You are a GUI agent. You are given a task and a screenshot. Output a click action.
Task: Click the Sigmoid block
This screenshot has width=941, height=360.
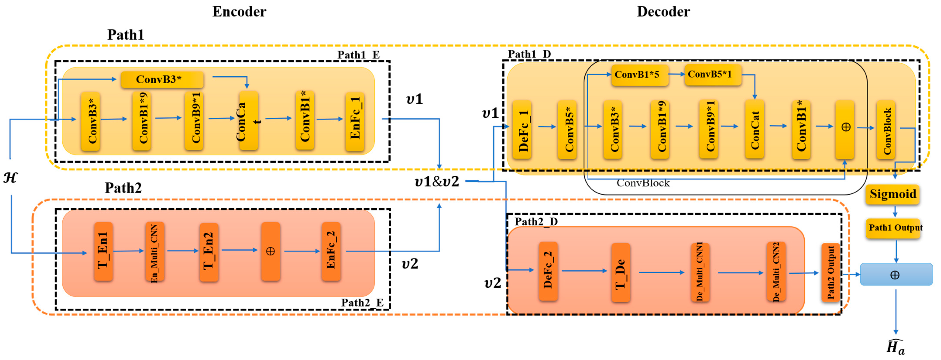click(892, 194)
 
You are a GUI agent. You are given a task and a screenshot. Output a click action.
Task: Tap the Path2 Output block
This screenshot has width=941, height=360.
click(830, 272)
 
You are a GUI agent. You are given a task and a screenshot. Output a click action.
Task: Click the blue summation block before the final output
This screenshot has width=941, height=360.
click(896, 274)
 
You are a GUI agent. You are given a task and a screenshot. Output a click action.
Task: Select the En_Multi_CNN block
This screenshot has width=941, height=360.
click(155, 252)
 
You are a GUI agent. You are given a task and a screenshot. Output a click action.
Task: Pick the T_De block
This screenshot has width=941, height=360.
click(620, 272)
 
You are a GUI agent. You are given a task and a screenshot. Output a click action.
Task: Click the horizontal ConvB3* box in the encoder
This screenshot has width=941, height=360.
click(162, 79)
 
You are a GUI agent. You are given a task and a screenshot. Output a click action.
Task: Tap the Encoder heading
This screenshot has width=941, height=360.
click(239, 12)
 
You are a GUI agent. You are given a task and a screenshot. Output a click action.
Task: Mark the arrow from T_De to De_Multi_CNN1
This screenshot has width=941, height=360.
click(661, 272)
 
